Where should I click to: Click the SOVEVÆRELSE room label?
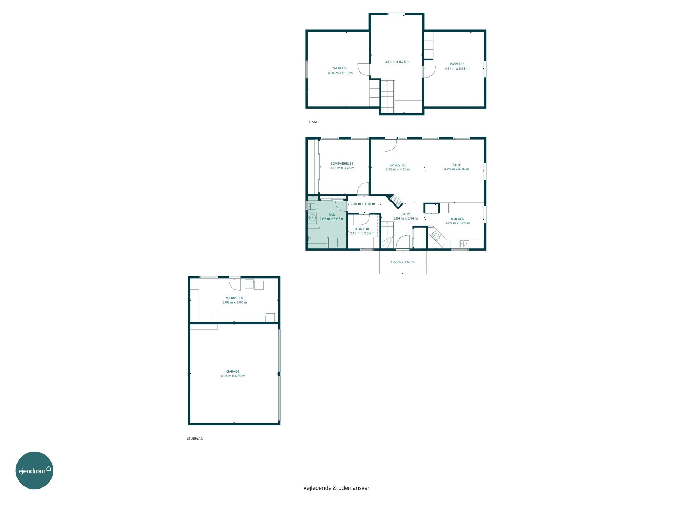pyautogui.click(x=342, y=164)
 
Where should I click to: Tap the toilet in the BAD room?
pyautogui.click(x=313, y=206)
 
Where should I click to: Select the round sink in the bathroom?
pyautogui.click(x=312, y=218)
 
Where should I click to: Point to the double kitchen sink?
pyautogui.click(x=464, y=243)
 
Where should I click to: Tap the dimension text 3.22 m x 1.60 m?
pyautogui.click(x=402, y=262)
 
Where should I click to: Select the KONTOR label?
pyautogui.click(x=362, y=229)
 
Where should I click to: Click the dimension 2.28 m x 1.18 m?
pyautogui.click(x=363, y=204)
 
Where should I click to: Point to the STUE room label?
pyautogui.click(x=456, y=165)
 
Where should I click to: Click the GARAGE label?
pyautogui.click(x=233, y=372)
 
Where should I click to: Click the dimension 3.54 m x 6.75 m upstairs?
pyautogui.click(x=397, y=62)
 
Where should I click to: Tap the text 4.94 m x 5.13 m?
pyautogui.click(x=340, y=73)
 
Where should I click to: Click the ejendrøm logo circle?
pyautogui.click(x=34, y=470)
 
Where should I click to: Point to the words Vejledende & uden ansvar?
pyautogui.click(x=336, y=488)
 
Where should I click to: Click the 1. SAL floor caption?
pyautogui.click(x=313, y=122)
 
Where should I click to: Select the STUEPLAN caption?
pyautogui.click(x=195, y=439)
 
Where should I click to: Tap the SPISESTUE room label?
pyautogui.click(x=398, y=165)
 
